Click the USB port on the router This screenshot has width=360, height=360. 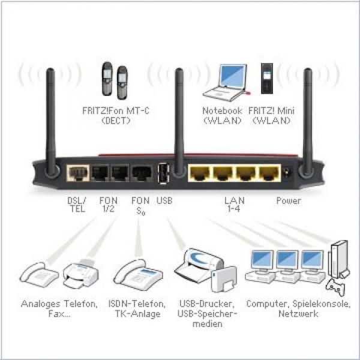163,173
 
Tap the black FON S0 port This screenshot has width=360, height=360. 142,173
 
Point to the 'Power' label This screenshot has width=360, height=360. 289,200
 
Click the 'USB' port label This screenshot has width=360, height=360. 164,200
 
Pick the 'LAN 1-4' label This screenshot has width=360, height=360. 230,205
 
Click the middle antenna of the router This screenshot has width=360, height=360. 179,120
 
